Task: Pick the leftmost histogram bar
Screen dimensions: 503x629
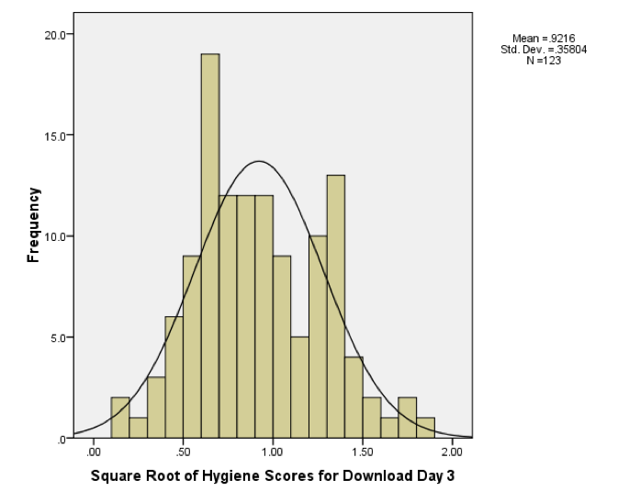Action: coord(120,417)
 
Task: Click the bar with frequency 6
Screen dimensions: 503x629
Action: coord(174,377)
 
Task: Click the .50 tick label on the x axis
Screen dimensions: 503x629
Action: coord(183,453)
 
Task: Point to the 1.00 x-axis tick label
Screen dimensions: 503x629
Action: coord(273,453)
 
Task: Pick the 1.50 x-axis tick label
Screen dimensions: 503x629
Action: coord(362,453)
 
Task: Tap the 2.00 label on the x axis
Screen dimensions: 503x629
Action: coord(452,453)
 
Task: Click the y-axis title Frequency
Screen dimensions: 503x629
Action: coord(34,225)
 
